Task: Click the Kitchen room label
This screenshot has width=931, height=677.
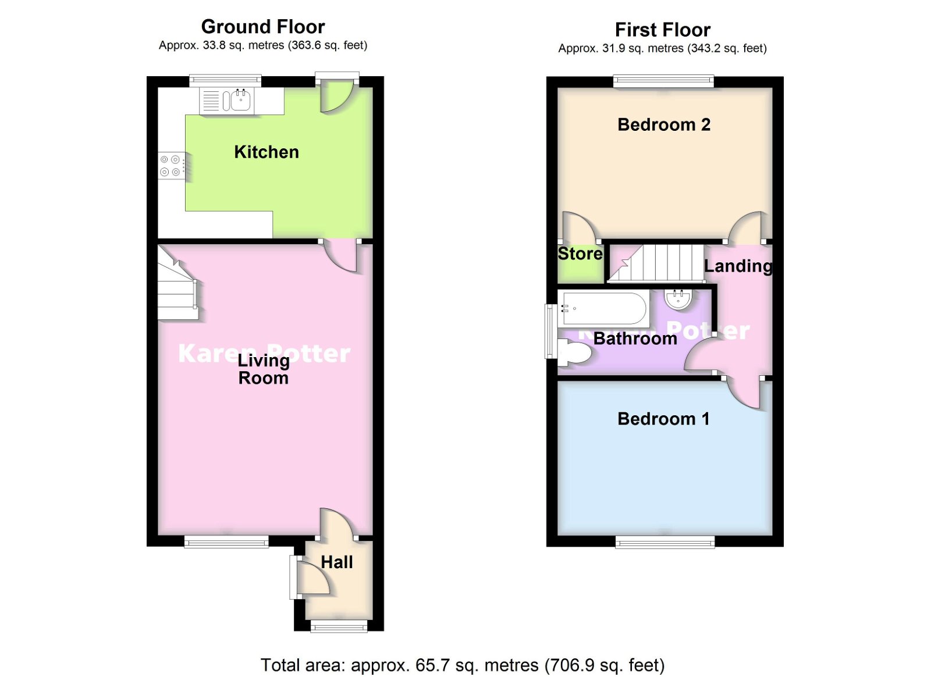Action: [266, 152]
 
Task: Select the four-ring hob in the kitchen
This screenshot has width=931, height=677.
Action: [170, 165]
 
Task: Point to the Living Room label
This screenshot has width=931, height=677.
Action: [263, 369]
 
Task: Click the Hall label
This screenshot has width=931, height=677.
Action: [337, 562]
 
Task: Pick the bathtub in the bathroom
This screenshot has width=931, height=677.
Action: [604, 308]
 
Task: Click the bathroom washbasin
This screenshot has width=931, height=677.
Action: [678, 299]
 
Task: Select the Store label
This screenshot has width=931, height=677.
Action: [580, 254]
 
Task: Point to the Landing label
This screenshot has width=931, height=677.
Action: [738, 266]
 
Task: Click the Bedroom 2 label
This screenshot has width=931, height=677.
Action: [664, 124]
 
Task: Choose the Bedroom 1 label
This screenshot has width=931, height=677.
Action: [663, 419]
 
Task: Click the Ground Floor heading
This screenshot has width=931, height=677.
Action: [263, 27]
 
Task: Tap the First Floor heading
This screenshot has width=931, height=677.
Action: [663, 30]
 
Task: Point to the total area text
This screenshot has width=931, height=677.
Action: [463, 665]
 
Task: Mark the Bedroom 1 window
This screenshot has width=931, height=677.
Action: [665, 543]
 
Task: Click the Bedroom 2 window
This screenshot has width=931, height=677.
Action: [663, 81]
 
